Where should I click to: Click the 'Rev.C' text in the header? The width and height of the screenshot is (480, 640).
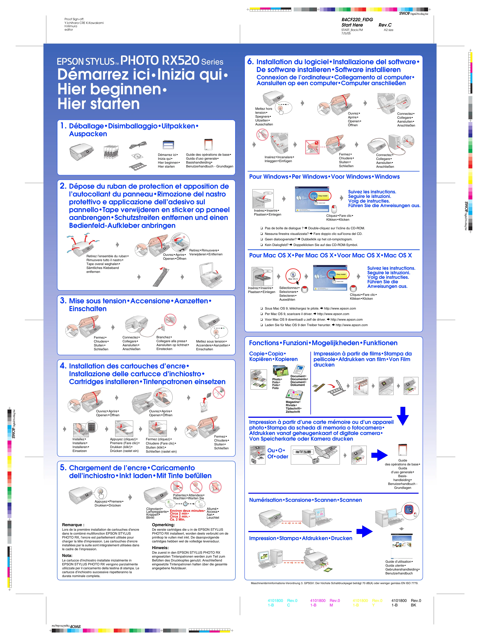click(x=385, y=25)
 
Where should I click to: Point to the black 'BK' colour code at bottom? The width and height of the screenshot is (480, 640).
click(x=413, y=605)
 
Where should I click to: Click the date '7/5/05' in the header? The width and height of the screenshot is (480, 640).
click(x=346, y=33)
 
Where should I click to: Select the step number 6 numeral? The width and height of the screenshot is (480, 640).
click(x=250, y=62)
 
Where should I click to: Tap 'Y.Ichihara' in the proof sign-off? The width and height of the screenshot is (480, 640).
click(x=72, y=23)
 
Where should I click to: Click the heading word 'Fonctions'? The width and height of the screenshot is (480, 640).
click(x=264, y=343)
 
